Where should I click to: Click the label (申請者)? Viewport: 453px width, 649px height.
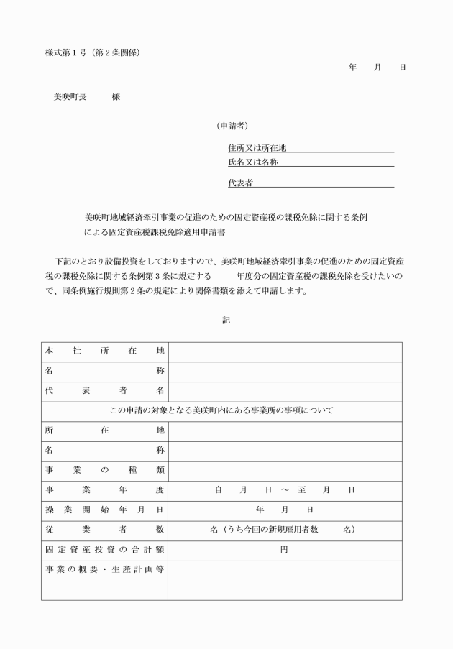pyautogui.click(x=233, y=125)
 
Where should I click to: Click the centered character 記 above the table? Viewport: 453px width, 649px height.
pyautogui.click(x=226, y=320)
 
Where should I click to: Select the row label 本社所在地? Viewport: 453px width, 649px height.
pyautogui.click(x=104, y=351)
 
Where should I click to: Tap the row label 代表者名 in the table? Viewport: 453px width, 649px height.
pyautogui.click(x=104, y=391)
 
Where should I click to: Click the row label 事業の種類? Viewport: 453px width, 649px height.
pyautogui.click(x=104, y=470)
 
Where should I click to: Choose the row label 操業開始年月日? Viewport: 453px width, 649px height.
pyautogui.click(x=104, y=510)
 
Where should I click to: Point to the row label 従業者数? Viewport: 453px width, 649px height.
pyautogui.click(x=104, y=530)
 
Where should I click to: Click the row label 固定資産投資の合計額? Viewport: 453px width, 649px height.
pyautogui.click(x=104, y=550)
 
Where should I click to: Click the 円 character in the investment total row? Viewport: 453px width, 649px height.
pyautogui.click(x=285, y=550)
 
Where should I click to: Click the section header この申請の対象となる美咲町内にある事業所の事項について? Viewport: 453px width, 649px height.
pyautogui.click(x=221, y=411)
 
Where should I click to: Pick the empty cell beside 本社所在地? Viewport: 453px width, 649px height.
pyautogui.click(x=285, y=351)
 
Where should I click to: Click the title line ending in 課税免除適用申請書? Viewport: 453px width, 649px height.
pyautogui.click(x=159, y=234)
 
